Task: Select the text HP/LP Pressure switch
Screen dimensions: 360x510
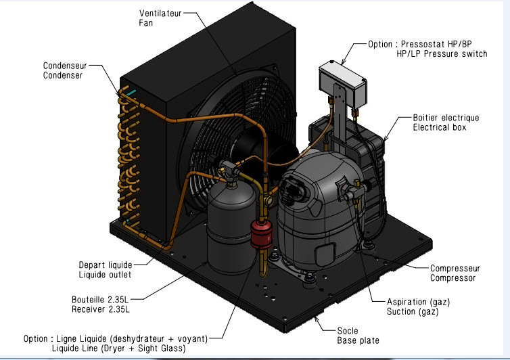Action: [441, 53]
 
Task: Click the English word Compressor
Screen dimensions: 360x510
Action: [453, 277]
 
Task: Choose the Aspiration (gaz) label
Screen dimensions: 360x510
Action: [418, 301]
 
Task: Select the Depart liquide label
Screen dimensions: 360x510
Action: [105, 265]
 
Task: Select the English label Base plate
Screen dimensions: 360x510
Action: [358, 340]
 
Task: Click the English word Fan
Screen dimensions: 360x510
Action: [146, 23]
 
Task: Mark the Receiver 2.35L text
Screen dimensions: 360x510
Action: [100, 309]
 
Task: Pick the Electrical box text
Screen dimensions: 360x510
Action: [440, 127]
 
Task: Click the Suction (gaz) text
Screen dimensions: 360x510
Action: [413, 311]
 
